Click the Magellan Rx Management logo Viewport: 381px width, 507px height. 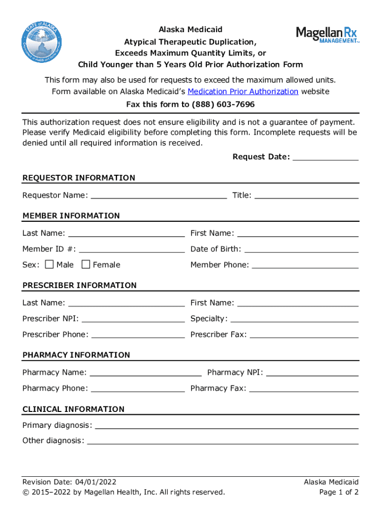tap(328, 35)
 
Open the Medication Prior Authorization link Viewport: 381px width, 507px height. tap(243, 92)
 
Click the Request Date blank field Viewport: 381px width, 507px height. tap(326, 157)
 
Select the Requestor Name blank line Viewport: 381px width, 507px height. tap(159, 196)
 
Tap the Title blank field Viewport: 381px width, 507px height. tap(307, 196)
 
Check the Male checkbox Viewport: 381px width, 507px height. tap(49, 264)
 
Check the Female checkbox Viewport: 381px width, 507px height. tap(86, 264)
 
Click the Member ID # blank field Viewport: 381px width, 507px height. tap(132, 249)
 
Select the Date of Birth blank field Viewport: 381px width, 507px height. tap(301, 249)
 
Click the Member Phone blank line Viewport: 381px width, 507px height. tap(305, 265)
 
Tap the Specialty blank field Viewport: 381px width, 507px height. tap(294, 319)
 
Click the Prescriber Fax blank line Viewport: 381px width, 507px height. tap(304, 335)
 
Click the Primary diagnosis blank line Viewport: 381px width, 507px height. tap(227, 426)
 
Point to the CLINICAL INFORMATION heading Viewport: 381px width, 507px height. tap(73, 409)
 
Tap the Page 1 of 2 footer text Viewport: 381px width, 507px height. tap(339, 492)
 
